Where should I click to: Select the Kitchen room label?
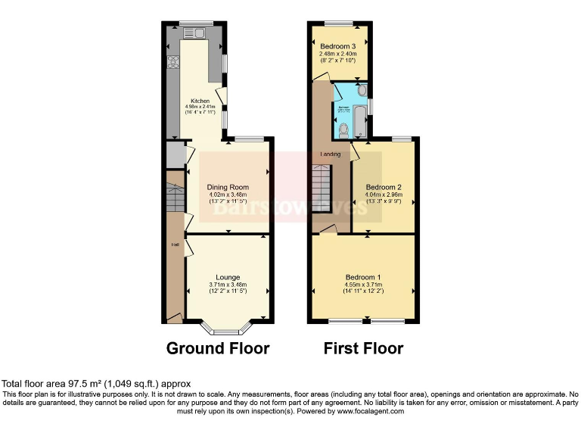click(200, 101)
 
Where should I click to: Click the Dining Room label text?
click(228, 187)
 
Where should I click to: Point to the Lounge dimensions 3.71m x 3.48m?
click(228, 285)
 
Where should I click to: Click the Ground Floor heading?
click(218, 349)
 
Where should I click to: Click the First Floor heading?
click(362, 349)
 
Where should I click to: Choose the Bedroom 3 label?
click(337, 45)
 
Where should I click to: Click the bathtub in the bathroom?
click(361, 120)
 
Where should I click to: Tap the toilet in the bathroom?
click(346, 132)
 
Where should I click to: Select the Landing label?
click(331, 154)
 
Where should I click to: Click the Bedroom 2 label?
click(384, 187)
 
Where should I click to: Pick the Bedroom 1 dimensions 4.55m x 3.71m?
click(363, 285)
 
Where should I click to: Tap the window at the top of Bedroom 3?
click(338, 24)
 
